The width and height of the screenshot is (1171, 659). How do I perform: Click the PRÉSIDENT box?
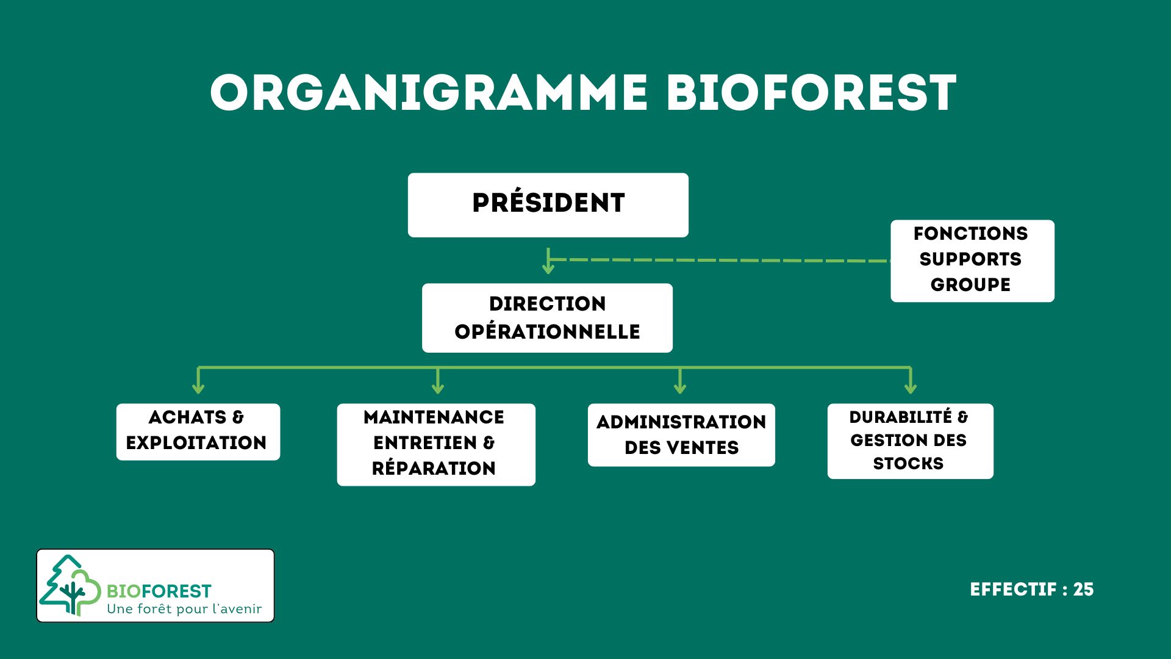click(548, 204)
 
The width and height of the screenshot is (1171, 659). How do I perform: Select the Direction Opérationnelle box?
click(547, 317)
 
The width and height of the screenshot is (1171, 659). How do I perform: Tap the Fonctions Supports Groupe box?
click(972, 261)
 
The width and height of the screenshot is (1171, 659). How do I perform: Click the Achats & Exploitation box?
click(198, 431)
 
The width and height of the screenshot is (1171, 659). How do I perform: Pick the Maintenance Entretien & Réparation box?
click(435, 444)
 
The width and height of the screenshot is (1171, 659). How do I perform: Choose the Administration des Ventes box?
click(681, 434)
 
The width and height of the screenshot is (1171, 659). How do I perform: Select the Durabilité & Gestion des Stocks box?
click(909, 441)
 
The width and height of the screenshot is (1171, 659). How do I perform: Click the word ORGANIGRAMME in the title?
click(428, 93)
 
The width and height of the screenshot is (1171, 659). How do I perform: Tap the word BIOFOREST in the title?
click(811, 93)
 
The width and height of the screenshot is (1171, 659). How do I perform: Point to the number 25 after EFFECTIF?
click(1083, 589)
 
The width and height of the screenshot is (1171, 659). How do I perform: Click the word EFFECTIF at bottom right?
click(1013, 589)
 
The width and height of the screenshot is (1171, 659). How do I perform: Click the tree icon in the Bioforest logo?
click(70, 586)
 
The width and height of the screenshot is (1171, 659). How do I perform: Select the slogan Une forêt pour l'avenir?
click(184, 609)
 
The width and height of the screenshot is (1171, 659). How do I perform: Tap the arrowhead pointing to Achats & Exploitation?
click(198, 388)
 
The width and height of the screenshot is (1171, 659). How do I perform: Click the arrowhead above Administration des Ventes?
click(680, 388)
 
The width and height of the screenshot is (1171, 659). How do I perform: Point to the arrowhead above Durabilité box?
click(910, 388)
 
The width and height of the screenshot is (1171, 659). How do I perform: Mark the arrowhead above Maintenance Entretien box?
click(437, 388)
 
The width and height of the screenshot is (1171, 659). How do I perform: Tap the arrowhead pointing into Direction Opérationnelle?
click(548, 268)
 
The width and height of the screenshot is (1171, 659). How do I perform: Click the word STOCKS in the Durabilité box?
click(908, 464)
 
